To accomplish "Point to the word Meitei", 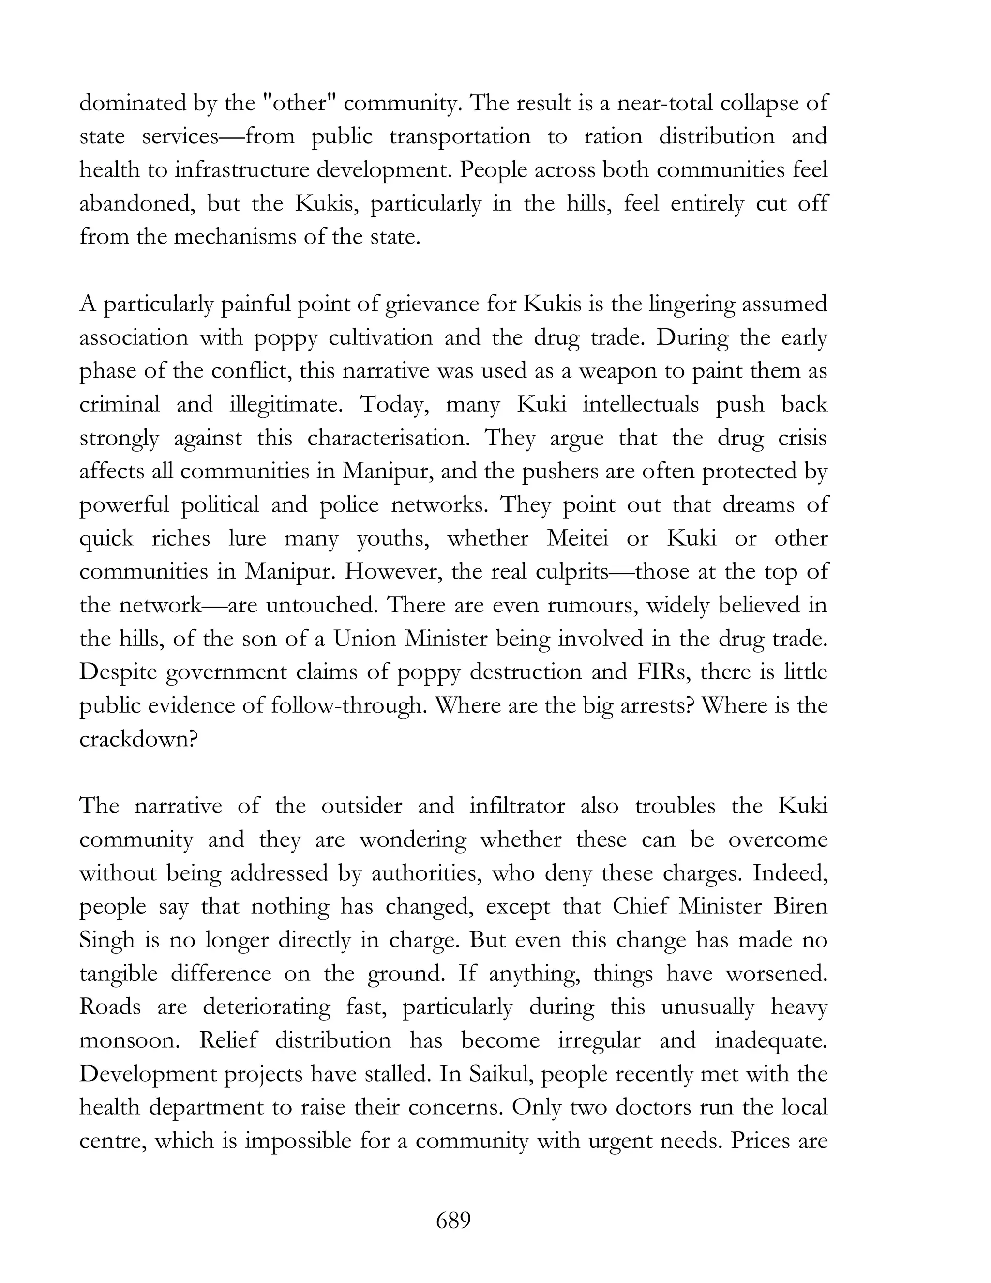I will click(x=577, y=538).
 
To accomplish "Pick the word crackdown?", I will click(x=138, y=738).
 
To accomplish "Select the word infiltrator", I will click(x=517, y=806).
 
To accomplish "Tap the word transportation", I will click(x=460, y=137).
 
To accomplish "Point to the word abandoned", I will click(x=138, y=203).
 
